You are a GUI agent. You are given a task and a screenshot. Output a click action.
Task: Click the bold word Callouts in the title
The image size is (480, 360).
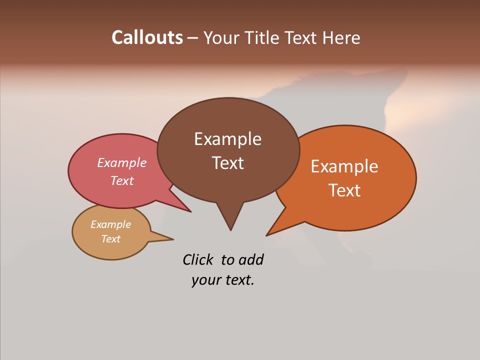tap(147, 37)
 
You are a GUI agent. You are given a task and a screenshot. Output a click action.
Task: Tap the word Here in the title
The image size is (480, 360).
tap(342, 37)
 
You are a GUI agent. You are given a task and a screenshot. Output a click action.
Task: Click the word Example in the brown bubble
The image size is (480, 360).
tap(227, 139)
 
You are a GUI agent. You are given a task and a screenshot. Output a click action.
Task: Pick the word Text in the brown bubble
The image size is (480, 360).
tap(227, 163)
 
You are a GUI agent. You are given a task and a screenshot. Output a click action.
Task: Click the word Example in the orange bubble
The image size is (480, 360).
tap(344, 166)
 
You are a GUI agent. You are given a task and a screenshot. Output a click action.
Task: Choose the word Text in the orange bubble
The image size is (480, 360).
tap(344, 190)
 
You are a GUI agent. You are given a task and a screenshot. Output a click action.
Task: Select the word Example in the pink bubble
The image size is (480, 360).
tap(122, 163)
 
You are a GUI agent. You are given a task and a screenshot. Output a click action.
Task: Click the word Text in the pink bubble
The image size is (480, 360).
tap(122, 180)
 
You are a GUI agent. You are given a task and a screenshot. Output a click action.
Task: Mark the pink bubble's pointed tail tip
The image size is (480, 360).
tap(190, 211)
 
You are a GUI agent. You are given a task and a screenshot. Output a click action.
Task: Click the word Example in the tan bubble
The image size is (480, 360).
tap(110, 224)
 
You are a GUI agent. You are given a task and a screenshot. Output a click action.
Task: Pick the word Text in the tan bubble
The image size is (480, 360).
tap(110, 239)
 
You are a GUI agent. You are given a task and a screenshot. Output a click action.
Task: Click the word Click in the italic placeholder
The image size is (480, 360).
tap(198, 259)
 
